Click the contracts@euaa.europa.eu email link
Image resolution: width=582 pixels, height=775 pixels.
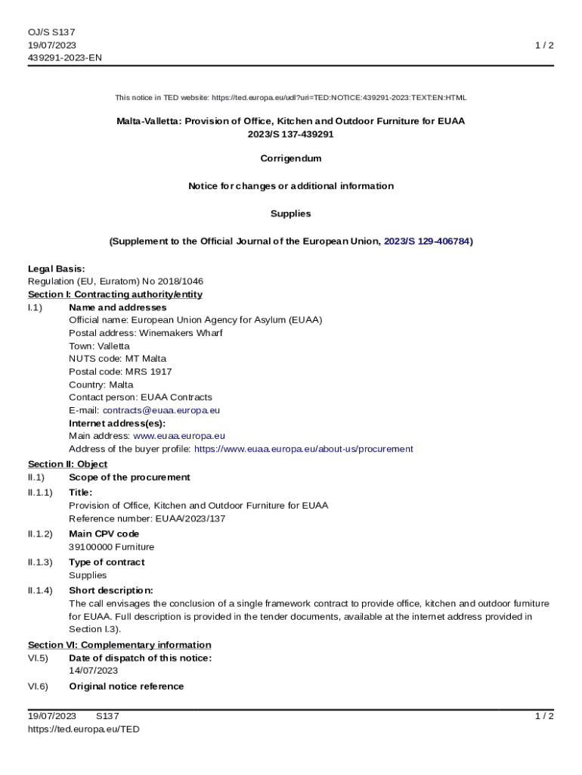coord(161,410)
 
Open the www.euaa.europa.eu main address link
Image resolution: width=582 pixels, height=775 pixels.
coord(179,436)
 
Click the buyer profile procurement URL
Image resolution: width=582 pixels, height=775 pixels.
coord(303,449)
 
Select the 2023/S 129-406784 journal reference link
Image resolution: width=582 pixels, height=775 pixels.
coord(426,241)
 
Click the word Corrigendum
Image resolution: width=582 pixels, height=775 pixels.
coord(291,159)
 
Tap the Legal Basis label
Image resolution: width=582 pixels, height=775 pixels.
coord(57,269)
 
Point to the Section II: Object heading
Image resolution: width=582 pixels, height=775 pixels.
coord(68,464)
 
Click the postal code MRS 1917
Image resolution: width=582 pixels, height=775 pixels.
coord(120,372)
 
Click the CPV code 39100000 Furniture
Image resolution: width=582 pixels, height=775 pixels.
coord(111,547)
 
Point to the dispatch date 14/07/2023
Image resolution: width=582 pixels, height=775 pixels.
coord(93,671)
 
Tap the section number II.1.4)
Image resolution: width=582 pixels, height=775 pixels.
coord(40,590)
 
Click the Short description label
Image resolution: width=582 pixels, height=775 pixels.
coord(111,590)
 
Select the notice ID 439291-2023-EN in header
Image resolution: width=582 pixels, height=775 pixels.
coord(65,58)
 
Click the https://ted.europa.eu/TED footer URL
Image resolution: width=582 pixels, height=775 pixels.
coord(84,729)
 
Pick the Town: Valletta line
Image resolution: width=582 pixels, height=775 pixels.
coord(99,346)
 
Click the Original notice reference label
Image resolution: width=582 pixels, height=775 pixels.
coord(126,686)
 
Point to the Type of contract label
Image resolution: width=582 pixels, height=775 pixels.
coord(107,562)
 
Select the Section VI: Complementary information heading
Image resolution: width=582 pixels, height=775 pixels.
coord(119,645)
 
